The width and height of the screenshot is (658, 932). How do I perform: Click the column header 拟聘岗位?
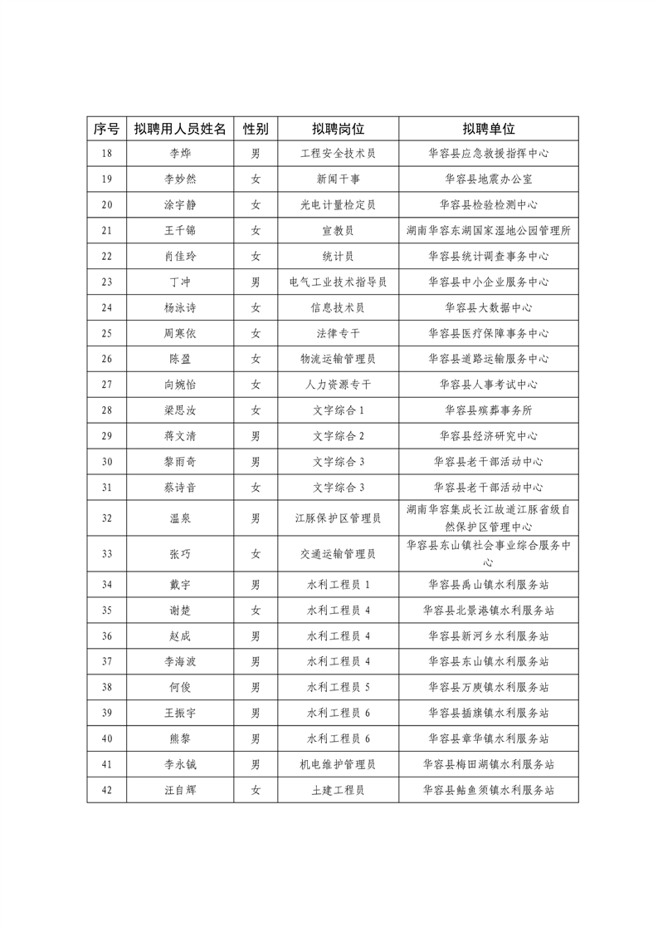coord(339,129)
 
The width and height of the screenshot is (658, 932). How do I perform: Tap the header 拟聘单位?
coord(489,129)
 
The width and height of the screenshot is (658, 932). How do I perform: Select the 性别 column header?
coord(256,129)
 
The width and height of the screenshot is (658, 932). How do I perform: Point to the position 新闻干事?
coord(339,179)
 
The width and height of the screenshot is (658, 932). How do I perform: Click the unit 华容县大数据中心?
coord(489,307)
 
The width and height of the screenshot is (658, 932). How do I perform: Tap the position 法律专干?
coord(339,333)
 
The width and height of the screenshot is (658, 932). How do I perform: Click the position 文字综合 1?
coord(339,410)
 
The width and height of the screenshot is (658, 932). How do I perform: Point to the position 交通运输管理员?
coord(339,554)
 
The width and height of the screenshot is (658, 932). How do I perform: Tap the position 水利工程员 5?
coord(339,688)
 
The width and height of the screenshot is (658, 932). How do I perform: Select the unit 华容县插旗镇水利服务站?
coord(489,714)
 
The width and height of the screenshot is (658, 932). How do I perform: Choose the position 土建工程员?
coord(339,790)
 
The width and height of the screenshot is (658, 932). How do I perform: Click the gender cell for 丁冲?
coord(256,282)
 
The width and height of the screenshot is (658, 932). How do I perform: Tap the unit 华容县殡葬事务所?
coord(489,410)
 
